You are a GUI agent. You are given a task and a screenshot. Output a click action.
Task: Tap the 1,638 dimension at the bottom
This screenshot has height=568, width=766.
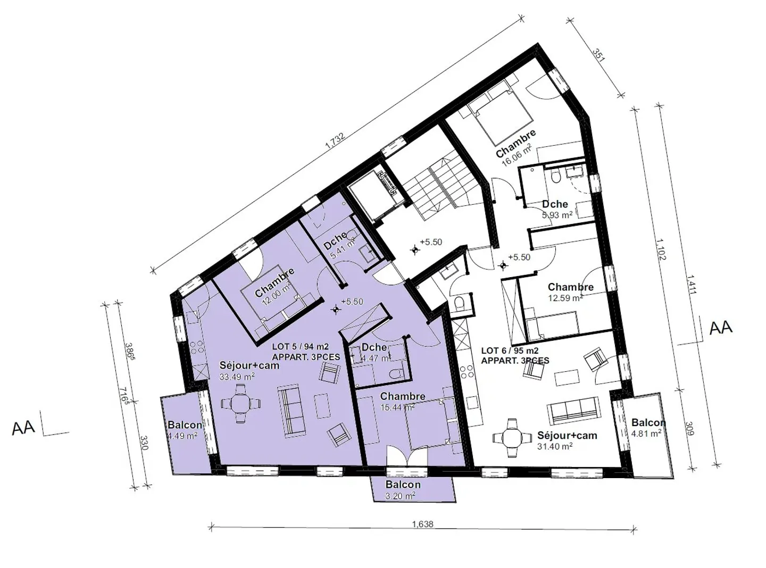click(x=422, y=524)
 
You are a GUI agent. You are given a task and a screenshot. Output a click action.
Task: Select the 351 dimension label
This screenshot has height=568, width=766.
click(x=599, y=55)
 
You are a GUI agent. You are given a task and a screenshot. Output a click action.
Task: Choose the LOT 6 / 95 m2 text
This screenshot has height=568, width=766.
click(x=510, y=351)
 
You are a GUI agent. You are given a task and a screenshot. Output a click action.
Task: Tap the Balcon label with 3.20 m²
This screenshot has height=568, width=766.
click(x=403, y=485)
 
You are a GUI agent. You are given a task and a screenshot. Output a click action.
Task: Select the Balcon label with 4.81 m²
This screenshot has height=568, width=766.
click(x=648, y=423)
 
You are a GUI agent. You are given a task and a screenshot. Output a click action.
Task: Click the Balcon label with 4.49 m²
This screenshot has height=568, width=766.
click(x=185, y=425)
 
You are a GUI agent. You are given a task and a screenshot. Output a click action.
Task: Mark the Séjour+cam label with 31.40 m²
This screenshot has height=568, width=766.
click(x=567, y=436)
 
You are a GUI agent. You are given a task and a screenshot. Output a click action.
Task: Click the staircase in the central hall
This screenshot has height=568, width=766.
click(x=434, y=191)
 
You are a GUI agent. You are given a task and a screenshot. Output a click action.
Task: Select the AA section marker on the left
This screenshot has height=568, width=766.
click(x=23, y=427)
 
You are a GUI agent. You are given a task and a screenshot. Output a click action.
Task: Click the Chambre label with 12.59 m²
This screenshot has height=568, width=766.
click(x=570, y=287)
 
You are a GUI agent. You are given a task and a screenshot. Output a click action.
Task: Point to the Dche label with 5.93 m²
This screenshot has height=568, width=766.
click(x=555, y=204)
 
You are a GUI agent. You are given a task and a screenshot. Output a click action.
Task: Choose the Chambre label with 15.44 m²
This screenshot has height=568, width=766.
click(x=402, y=397)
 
